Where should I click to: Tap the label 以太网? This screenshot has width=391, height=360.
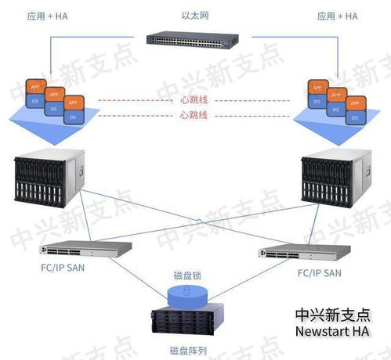(194, 15)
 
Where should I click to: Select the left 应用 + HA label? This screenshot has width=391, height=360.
(47, 16)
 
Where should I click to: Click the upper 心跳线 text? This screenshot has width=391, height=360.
(194, 100)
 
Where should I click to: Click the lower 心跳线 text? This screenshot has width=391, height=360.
(194, 116)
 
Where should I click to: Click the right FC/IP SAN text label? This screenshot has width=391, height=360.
(318, 273)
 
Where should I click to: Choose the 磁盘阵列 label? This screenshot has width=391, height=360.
(188, 350)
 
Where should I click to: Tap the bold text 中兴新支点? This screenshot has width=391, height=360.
(332, 315)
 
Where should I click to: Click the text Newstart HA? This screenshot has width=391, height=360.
(332, 333)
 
